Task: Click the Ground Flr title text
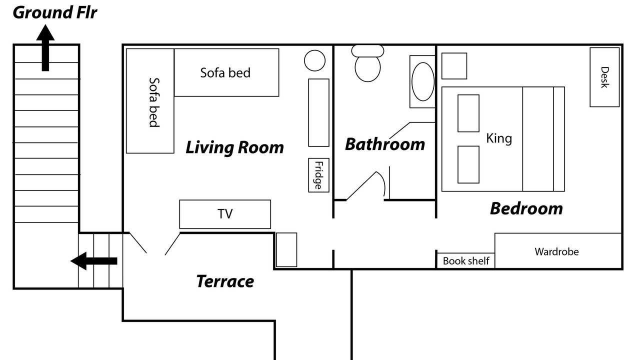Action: coord(55,13)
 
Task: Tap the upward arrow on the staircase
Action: coord(45,47)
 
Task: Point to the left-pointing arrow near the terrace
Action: coord(93,261)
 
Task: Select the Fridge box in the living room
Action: coord(318,175)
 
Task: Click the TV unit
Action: coord(225,214)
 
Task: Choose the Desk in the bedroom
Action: coord(604,77)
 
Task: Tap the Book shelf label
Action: coord(466,261)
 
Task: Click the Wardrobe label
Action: coord(556,251)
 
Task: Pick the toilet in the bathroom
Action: coord(367,63)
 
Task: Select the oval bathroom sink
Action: coord(423,81)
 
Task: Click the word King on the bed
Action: coord(499,138)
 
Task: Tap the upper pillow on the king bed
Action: coord(468,113)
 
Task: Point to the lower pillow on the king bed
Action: coord(468,164)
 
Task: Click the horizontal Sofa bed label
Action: coord(225,73)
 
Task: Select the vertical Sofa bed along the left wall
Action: coord(150,101)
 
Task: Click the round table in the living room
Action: coord(314,60)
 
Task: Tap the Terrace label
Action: coord(225,281)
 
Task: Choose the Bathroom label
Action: coord(385,144)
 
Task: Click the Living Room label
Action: coord(234,147)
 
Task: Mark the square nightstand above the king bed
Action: coord(454,66)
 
